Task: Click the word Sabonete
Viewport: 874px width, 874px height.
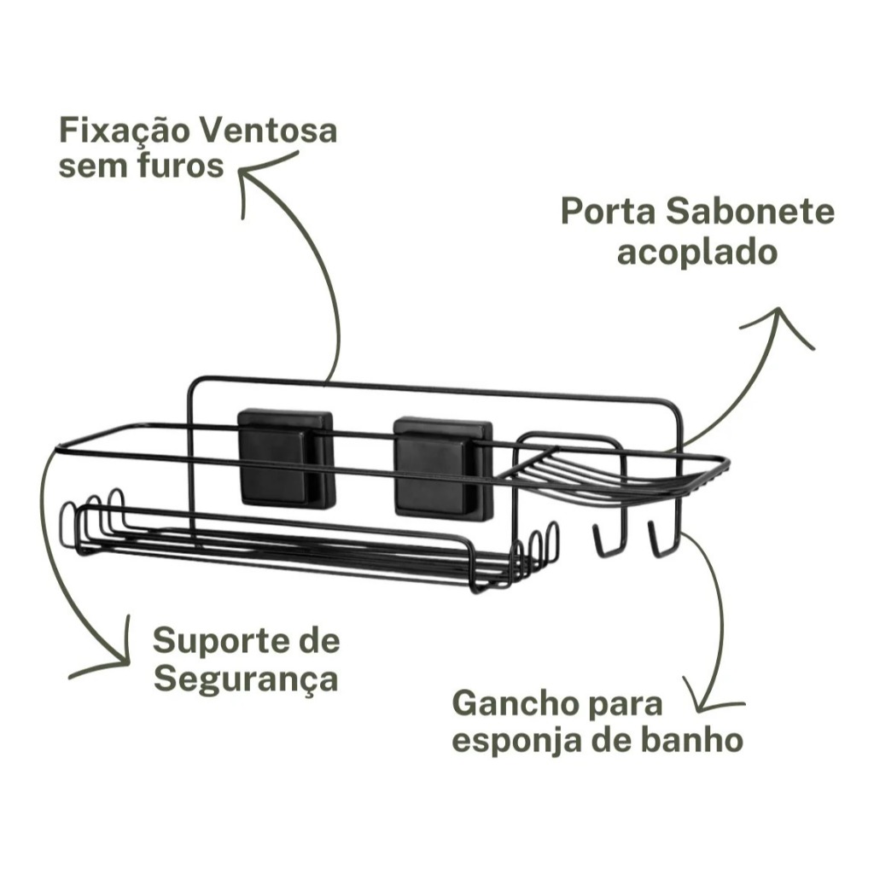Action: [750, 212]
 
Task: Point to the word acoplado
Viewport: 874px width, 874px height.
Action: [697, 253]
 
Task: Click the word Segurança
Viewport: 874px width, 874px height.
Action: [246, 679]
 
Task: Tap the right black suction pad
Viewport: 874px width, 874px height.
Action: [443, 467]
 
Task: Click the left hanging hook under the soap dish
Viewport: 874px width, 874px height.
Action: [606, 539]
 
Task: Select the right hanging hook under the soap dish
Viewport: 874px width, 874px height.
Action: [662, 539]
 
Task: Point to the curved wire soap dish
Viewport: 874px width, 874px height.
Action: [613, 478]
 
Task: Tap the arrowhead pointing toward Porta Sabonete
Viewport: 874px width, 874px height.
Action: [780, 326]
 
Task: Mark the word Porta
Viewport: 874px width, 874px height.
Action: [608, 212]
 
